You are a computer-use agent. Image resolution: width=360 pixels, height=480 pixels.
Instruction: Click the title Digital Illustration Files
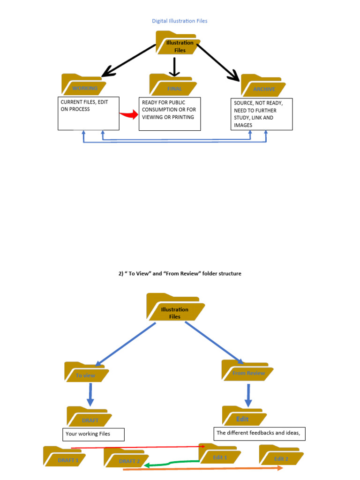tap(180, 21)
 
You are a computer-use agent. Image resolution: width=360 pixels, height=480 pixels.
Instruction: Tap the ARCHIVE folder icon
tap(263, 86)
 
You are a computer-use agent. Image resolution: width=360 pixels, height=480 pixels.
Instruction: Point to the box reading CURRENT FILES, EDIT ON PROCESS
tap(89, 113)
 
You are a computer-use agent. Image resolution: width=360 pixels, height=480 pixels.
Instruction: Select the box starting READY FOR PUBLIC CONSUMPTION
tap(170, 113)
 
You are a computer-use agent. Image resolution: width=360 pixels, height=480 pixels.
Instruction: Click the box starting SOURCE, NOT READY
tap(262, 114)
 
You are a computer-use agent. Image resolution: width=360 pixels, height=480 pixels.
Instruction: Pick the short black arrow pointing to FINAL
tap(174, 67)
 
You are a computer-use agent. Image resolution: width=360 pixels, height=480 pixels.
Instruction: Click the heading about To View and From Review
tap(180, 273)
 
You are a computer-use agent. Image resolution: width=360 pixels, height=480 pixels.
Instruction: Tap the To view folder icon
tap(86, 372)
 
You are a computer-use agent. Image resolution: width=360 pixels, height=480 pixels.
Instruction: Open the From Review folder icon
tap(247, 370)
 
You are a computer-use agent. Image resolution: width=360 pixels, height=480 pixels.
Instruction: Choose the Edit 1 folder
tap(220, 454)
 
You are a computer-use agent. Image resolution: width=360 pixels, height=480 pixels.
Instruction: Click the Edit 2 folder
tap(281, 456)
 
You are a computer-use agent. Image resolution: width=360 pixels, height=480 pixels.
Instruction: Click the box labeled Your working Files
tap(93, 434)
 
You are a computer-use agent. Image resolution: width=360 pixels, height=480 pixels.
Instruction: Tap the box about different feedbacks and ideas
tap(260, 434)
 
